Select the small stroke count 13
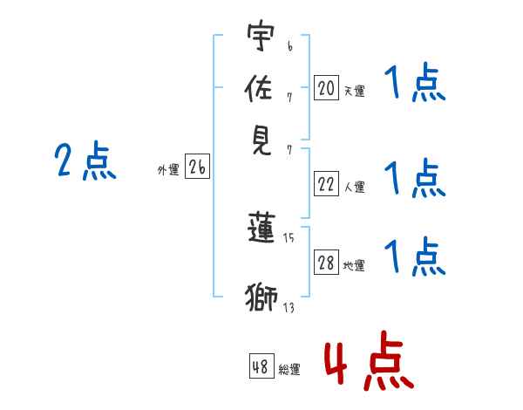coord(289,306)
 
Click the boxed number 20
coord(326,87)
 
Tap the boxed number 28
coord(326,263)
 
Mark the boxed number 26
coord(197,168)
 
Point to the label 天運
coord(354,91)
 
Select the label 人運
coord(354,186)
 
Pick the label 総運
coord(289,369)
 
